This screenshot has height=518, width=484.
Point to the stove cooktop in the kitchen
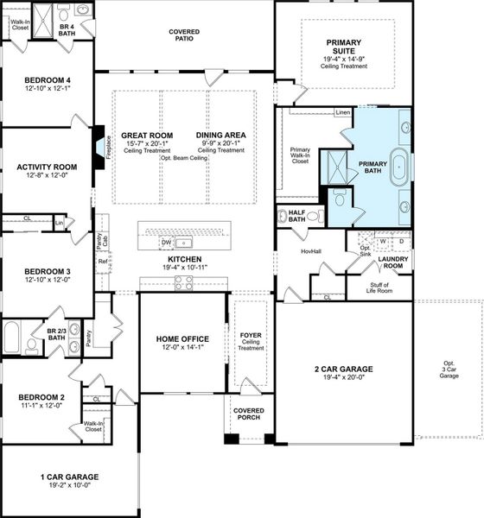click(x=184, y=282)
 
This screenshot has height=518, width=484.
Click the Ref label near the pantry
click(x=102, y=262)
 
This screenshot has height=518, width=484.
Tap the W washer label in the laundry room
click(x=382, y=242)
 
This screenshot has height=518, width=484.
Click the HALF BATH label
click(x=297, y=216)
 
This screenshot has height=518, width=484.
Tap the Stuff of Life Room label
click(x=379, y=288)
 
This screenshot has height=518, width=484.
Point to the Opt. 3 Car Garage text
click(x=449, y=370)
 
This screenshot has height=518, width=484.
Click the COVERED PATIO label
click(x=183, y=35)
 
